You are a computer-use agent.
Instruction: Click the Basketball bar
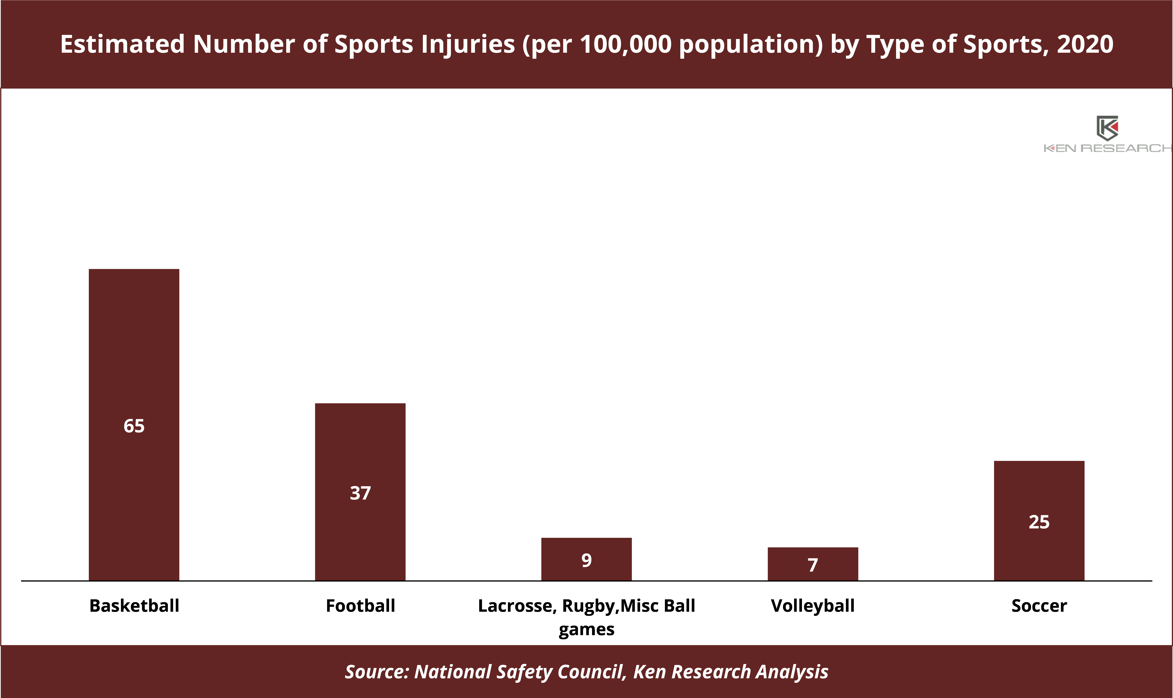coord(134,425)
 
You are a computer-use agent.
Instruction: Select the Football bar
coord(360,492)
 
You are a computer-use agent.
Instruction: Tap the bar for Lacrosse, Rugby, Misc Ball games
coord(587,559)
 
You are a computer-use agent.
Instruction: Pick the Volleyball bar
coord(813,564)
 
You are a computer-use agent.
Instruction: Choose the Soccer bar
coord(1039,521)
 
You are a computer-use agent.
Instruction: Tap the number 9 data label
coord(587,560)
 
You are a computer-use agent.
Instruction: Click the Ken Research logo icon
coord(1107,128)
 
